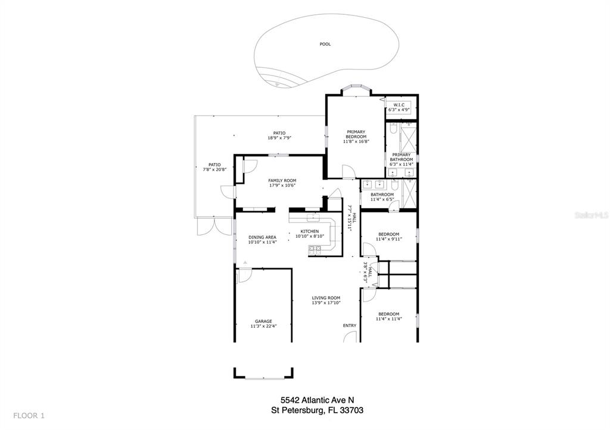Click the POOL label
coord(325,44)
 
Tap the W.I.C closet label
coord(399,105)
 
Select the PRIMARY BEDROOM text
coord(356,134)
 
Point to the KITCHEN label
coord(309,231)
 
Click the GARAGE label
coord(263,321)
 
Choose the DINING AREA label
coord(262,237)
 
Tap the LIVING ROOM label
coord(326,298)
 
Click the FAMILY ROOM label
coord(282,181)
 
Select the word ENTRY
coord(349,325)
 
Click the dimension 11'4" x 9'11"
coord(388,239)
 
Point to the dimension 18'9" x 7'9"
coord(279,138)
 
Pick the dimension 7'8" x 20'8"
coord(214,170)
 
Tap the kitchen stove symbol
coord(315,250)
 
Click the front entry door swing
coord(350,337)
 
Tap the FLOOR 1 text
coord(29,416)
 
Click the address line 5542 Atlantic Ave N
coord(318,400)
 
